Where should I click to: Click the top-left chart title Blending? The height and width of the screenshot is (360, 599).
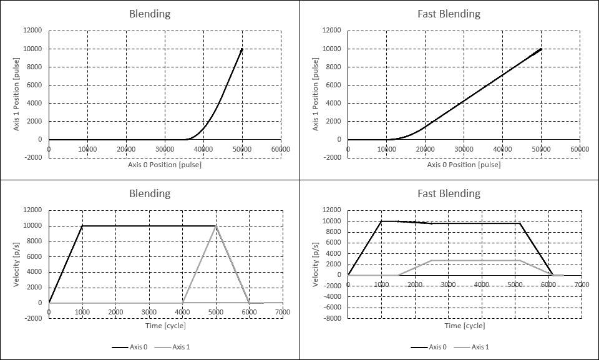149,14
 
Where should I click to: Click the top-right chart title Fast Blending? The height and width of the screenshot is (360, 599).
449,14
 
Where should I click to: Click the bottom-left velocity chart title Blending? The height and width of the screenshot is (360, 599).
149,193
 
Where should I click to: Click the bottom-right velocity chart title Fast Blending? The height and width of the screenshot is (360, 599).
449,193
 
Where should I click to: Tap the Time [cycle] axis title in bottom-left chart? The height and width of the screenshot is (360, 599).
165,325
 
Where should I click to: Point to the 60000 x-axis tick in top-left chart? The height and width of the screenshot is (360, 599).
280,148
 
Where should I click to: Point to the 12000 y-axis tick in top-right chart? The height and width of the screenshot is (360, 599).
331,31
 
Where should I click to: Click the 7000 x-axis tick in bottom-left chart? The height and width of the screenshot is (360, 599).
282,312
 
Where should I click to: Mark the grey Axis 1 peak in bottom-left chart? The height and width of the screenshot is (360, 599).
216,226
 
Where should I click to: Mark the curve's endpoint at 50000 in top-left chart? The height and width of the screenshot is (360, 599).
242,49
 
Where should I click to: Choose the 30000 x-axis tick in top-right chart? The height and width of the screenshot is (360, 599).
464,148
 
